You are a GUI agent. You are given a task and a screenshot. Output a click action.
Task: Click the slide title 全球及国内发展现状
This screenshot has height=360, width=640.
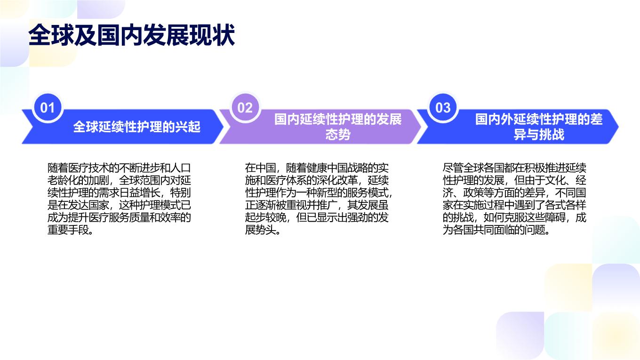click(132, 35)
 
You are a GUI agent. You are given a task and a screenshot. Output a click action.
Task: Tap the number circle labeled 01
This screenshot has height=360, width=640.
click(48, 108)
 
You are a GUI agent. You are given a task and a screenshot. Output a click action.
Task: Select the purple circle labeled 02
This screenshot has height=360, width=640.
click(245, 108)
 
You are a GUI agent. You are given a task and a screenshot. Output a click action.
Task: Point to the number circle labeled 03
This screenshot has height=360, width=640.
click(443, 108)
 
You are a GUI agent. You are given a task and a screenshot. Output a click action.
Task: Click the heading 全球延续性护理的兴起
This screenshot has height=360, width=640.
click(137, 127)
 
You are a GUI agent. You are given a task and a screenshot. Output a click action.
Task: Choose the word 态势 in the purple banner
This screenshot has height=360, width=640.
click(338, 134)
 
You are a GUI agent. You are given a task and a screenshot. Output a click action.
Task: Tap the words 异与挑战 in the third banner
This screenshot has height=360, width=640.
click(539, 134)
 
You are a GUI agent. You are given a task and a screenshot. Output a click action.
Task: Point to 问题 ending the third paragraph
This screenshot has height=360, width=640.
click(535, 230)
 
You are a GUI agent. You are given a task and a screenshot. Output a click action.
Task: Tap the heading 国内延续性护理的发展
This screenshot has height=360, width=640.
click(338, 119)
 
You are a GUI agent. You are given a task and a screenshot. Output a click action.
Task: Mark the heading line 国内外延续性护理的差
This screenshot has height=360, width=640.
click(539, 119)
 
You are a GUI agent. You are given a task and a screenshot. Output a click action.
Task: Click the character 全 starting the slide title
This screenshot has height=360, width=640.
click(40, 35)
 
